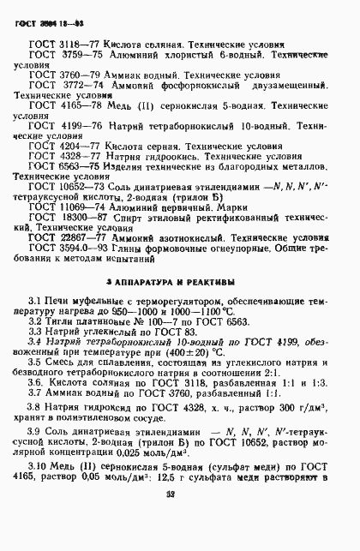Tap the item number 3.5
pyautogui.click(x=35, y=382)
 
